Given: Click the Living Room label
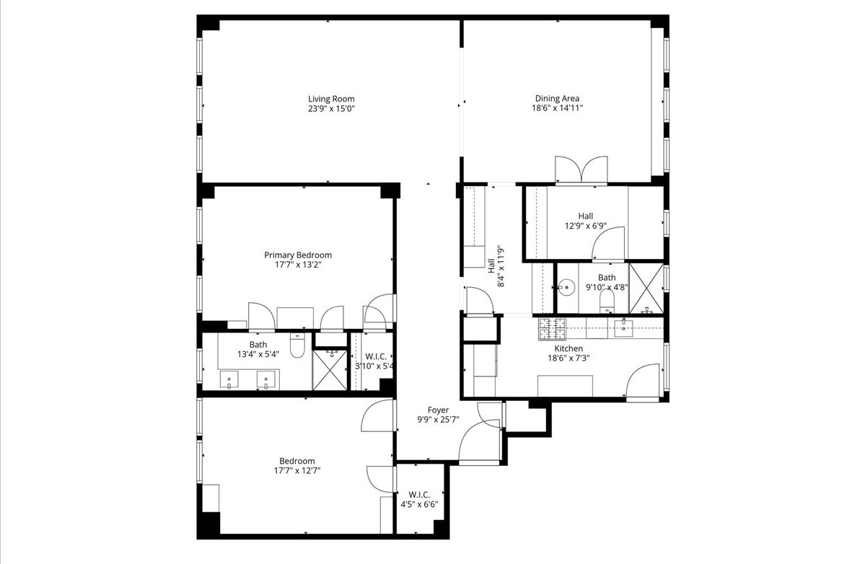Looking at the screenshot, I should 331,99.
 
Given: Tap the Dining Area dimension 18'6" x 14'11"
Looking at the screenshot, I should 556,108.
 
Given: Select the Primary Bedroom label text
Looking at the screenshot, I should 298,255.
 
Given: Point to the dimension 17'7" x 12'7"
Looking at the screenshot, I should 297,470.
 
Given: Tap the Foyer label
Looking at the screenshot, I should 437,410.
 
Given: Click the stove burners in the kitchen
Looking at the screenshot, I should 553,329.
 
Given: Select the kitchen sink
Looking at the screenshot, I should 623,327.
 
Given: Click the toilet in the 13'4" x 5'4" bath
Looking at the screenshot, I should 297,348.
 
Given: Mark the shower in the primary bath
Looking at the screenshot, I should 329,370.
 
